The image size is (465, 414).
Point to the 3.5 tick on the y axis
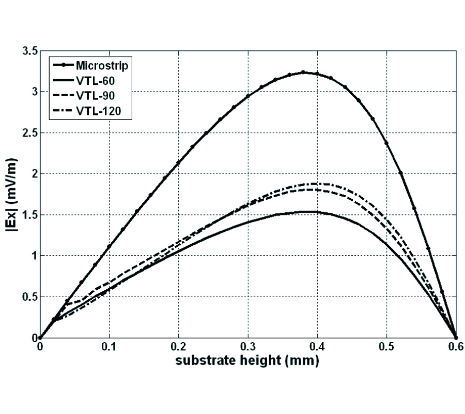click(x=29, y=51)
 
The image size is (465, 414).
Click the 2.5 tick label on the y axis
click(x=29, y=133)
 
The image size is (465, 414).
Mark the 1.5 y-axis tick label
click(x=29, y=215)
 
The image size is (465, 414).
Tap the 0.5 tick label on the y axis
click(x=29, y=297)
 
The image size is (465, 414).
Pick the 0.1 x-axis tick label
click(x=109, y=347)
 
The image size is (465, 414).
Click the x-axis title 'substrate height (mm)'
click(x=247, y=361)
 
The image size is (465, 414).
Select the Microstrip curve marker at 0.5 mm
click(x=386, y=143)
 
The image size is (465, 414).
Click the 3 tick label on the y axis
click(x=33, y=92)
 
